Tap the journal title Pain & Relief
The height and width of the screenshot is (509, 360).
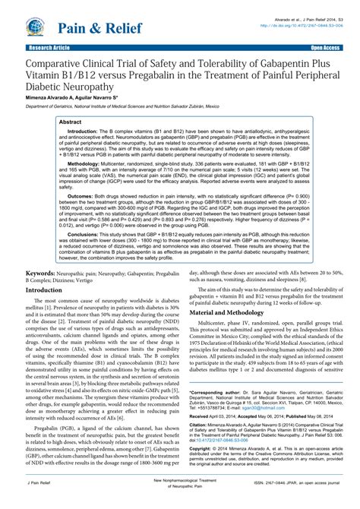(x=85, y=29)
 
